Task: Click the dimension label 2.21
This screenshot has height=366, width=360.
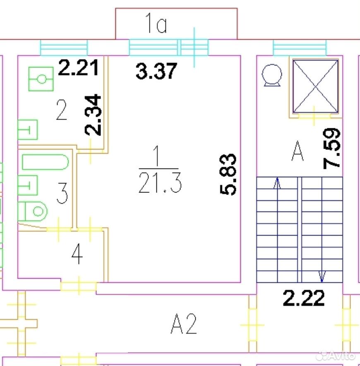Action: (x=78, y=67)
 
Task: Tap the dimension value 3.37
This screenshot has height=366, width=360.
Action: (x=156, y=71)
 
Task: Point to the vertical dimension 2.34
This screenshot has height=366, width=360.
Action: (x=93, y=115)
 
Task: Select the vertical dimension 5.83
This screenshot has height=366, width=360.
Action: (x=228, y=174)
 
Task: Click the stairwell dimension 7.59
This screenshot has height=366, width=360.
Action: (x=331, y=149)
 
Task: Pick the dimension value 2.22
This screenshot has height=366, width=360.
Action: (x=304, y=298)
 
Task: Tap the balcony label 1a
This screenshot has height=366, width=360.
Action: (x=156, y=23)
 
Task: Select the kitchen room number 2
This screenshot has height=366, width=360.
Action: (x=61, y=110)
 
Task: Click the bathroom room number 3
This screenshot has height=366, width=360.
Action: (x=62, y=193)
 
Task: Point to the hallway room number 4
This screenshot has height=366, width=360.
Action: (x=77, y=254)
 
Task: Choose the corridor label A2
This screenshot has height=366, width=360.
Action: (x=184, y=324)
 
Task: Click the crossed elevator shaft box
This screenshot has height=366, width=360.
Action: (x=315, y=87)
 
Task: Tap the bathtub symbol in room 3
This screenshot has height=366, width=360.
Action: (x=45, y=162)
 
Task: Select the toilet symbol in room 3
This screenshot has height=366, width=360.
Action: (x=33, y=211)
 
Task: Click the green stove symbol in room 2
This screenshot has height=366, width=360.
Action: (x=41, y=79)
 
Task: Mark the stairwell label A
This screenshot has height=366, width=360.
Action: (x=298, y=151)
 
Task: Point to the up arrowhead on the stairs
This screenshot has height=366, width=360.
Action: (x=277, y=183)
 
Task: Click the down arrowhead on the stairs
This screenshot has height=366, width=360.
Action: (x=322, y=277)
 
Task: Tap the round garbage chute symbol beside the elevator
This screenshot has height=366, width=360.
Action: (x=272, y=75)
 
